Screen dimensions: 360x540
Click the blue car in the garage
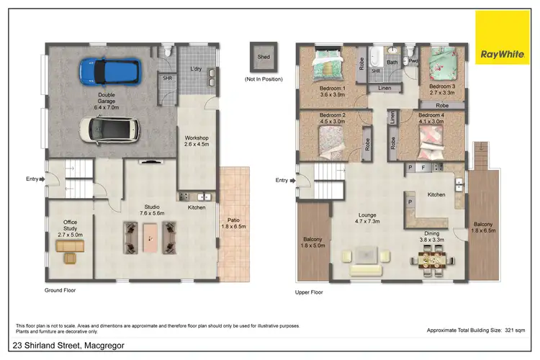point(107,71)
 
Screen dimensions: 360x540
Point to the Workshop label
point(195,141)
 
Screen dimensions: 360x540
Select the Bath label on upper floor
point(392,63)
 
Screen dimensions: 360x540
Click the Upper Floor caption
point(309,293)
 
